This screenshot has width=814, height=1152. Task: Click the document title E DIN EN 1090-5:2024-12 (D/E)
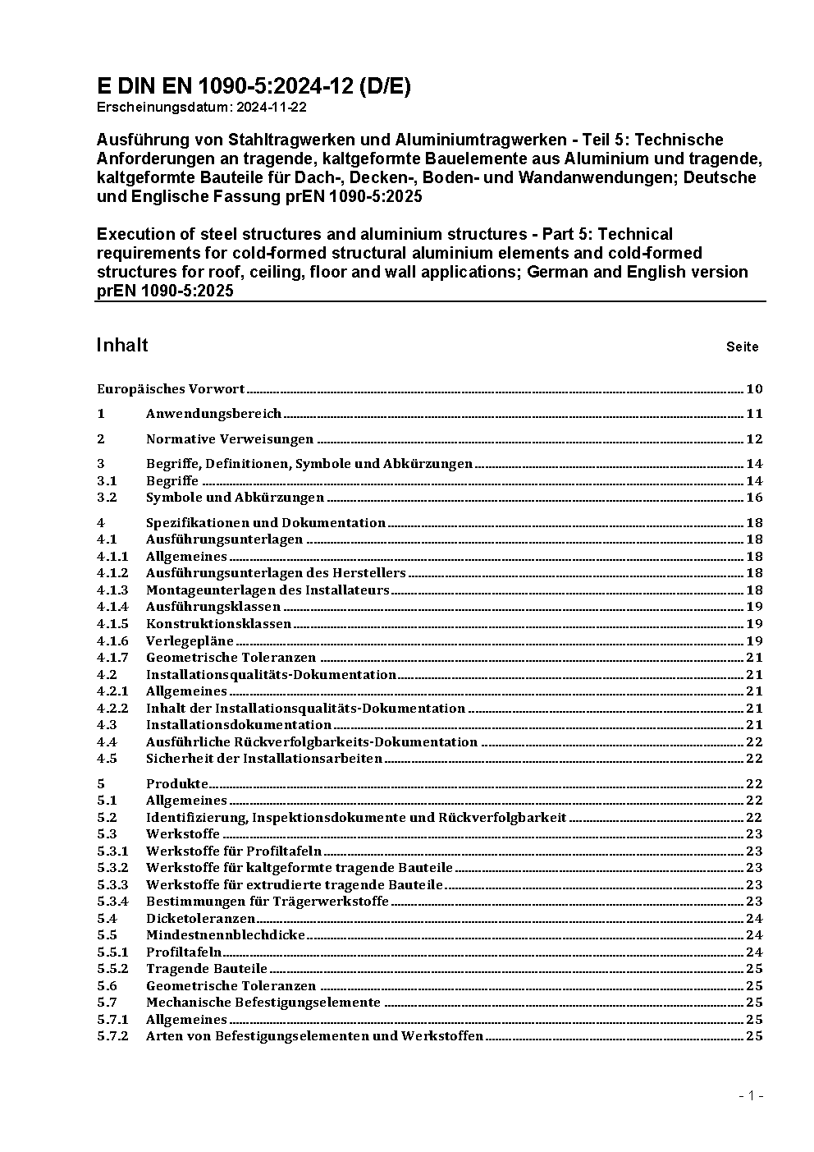[x=254, y=87]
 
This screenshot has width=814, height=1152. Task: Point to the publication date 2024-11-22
[x=272, y=108]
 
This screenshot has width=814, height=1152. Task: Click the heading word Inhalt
[x=122, y=345]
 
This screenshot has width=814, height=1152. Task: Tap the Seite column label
[x=742, y=347]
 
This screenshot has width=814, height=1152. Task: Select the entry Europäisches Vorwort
[x=171, y=389]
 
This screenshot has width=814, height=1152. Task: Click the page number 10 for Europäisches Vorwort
[x=754, y=389]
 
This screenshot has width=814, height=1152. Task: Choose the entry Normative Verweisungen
[x=230, y=439]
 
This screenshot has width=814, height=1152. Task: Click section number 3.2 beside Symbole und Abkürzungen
[x=107, y=498]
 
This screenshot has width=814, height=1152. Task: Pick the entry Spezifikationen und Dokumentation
[x=266, y=523]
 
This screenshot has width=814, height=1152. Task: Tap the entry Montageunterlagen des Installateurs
[x=268, y=590]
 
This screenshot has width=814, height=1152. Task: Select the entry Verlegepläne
[x=190, y=641]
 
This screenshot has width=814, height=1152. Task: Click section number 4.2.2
[x=112, y=709]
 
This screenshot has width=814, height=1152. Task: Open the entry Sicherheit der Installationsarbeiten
[x=264, y=759]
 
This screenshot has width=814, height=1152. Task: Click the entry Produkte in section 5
[x=177, y=784]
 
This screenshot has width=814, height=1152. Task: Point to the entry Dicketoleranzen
[x=200, y=919]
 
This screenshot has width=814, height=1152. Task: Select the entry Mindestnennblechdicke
[x=226, y=935]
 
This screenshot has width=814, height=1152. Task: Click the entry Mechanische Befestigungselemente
[x=263, y=1003]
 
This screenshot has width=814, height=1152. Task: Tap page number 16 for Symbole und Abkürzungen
[x=754, y=498]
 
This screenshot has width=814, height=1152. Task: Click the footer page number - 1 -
[x=751, y=1095]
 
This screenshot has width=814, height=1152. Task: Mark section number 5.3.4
[x=112, y=902]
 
